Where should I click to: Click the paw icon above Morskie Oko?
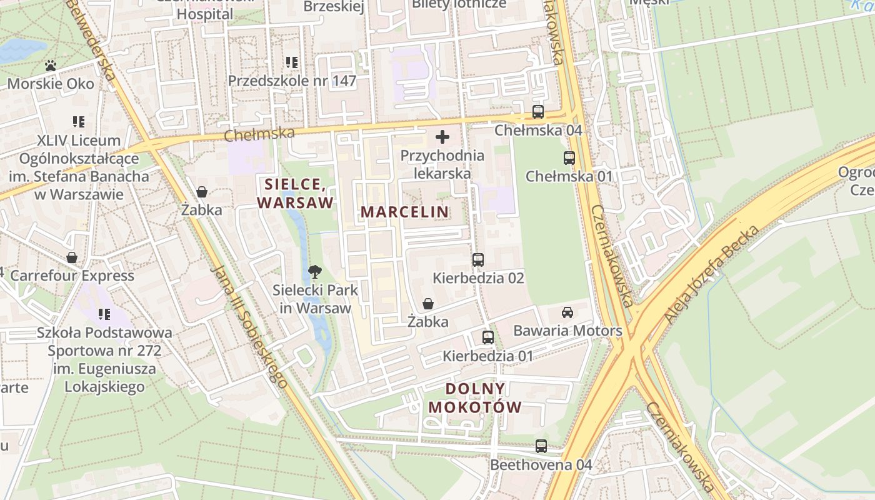[x=51, y=66]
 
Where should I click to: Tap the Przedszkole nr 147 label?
[x=292, y=81]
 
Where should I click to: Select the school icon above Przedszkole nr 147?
[x=292, y=62]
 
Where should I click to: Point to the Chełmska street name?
[x=259, y=134]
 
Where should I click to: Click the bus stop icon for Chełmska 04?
[x=538, y=112]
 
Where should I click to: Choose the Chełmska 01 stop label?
[x=569, y=176]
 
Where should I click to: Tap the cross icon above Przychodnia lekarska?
[x=442, y=137]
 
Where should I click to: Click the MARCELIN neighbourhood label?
[x=404, y=212]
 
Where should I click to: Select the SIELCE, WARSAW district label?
[x=295, y=194]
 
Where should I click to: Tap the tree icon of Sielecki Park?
[x=315, y=272]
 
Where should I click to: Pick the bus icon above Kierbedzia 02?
[x=478, y=260]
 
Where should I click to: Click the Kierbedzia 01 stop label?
[x=487, y=356]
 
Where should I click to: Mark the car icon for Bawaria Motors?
[x=567, y=312]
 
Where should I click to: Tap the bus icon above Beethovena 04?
[x=541, y=447]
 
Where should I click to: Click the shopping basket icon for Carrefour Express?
[x=72, y=257]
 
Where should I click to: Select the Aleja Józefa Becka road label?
[x=712, y=274]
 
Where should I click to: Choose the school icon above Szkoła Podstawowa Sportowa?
[x=104, y=314]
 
